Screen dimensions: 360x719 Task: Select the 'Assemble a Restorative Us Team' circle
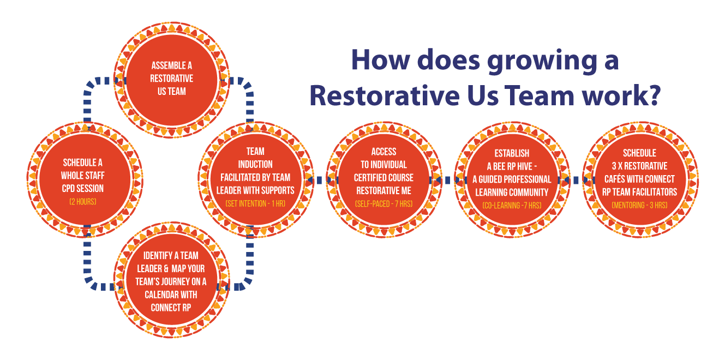point(172,80)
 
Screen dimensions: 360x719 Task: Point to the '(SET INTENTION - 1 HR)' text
point(255,203)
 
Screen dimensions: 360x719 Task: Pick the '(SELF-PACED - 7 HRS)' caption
point(384,204)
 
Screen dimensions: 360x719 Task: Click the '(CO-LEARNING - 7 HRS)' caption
point(512,205)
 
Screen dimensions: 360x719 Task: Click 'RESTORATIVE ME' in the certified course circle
point(384,190)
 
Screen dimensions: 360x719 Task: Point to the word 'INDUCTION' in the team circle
point(255,164)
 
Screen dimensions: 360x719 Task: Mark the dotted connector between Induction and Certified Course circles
point(319,178)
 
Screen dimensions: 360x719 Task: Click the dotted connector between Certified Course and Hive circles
point(448,178)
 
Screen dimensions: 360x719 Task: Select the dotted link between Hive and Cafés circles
point(576,178)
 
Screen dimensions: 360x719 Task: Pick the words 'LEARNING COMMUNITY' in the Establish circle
point(512,191)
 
